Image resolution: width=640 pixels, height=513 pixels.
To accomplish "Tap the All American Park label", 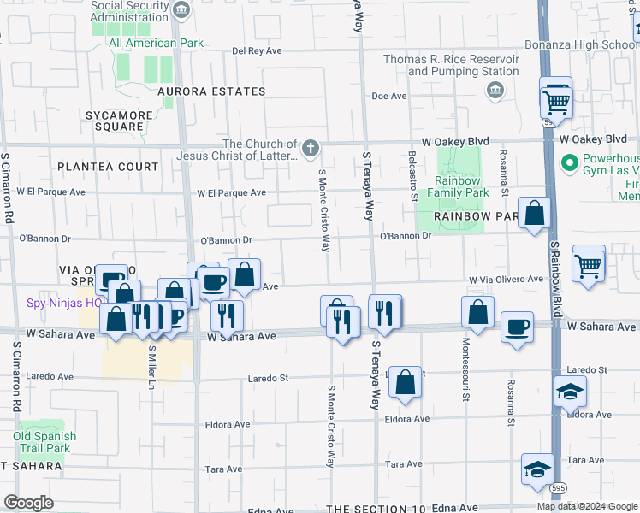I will click(155, 43).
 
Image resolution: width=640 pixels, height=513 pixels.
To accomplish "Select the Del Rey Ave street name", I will click(257, 51).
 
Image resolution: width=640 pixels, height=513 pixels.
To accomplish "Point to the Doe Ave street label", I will click(388, 97).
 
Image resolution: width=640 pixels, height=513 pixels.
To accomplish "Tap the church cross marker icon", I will click(311, 150).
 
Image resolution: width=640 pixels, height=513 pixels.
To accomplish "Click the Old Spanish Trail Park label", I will click(44, 442).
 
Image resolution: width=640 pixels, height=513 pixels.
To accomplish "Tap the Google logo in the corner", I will click(28, 502).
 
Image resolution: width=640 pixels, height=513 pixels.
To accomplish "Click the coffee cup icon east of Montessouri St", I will click(517, 327).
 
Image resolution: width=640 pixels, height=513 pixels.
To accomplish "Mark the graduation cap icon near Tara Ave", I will click(537, 469).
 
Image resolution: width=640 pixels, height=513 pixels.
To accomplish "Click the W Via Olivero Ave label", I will click(505, 279).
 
